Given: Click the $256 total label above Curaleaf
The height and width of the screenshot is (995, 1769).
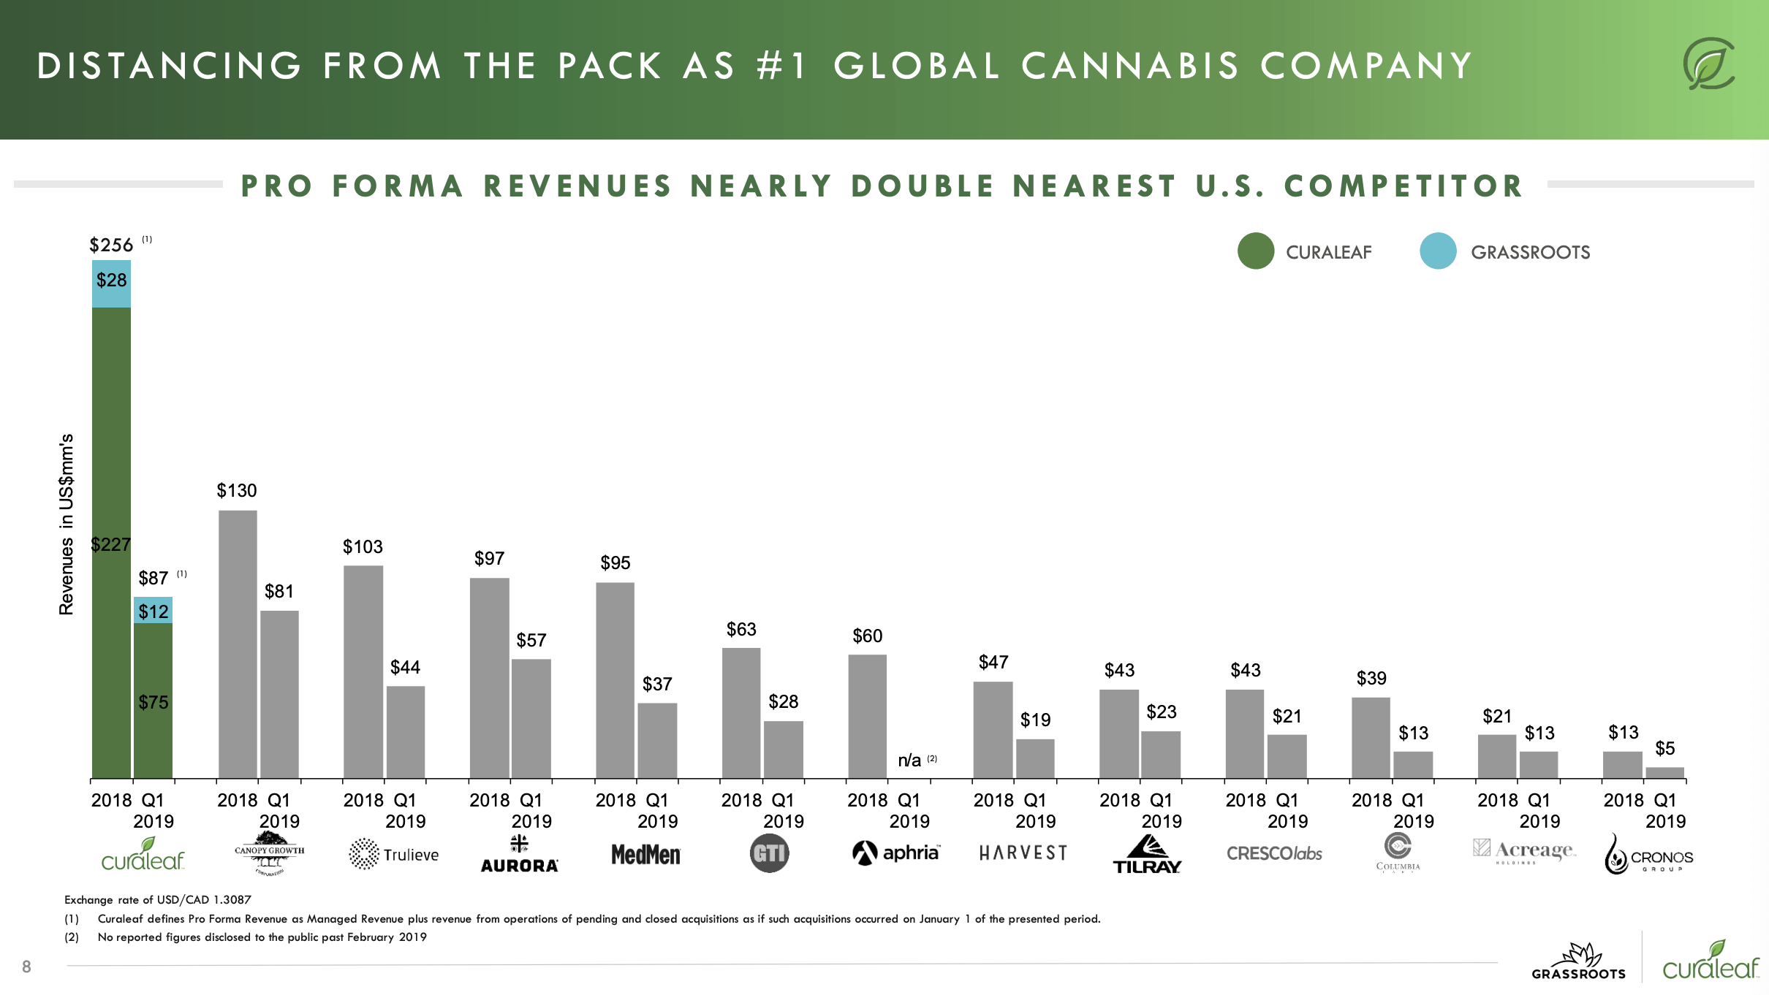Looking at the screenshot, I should click(111, 245).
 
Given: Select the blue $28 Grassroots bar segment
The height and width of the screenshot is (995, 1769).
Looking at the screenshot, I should click(111, 283).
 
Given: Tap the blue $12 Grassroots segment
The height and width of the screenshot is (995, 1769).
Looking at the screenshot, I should click(153, 610).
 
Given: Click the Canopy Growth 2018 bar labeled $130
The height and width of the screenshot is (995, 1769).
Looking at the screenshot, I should click(238, 643).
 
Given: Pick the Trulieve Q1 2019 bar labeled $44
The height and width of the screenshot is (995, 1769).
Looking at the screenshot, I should click(405, 731).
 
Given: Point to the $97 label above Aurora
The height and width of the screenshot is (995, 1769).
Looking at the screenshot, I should click(489, 559).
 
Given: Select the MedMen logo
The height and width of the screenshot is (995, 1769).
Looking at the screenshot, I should click(645, 854).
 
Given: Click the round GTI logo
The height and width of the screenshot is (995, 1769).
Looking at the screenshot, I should click(769, 853).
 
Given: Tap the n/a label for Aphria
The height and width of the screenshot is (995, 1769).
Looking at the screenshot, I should click(909, 760).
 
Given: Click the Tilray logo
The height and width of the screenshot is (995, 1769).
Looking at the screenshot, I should click(1146, 855).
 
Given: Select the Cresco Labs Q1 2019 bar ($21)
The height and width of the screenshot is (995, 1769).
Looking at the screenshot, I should click(1287, 756).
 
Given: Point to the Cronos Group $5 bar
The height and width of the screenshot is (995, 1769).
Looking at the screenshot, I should click(1664, 772).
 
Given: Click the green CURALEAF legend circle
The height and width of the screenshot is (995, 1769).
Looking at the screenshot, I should click(1256, 251).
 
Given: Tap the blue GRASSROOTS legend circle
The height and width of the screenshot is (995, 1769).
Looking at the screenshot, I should click(1438, 251).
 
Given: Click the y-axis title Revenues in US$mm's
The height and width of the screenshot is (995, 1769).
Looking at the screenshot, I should click(67, 524).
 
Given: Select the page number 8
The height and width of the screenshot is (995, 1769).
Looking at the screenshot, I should click(26, 967).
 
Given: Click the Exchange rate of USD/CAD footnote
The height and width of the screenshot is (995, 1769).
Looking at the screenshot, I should click(158, 900).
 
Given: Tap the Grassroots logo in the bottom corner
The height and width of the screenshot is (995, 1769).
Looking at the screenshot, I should click(1579, 961).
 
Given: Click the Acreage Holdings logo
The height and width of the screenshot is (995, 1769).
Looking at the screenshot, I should click(1523, 851).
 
